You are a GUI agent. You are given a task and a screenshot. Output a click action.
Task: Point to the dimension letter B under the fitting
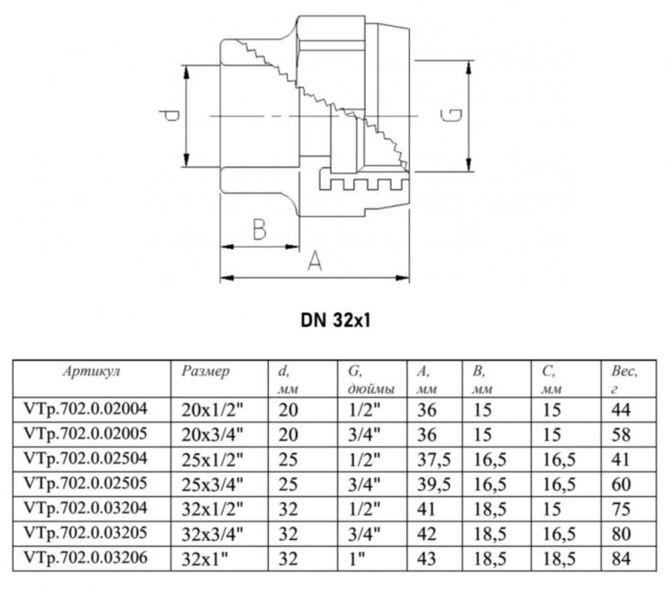258,229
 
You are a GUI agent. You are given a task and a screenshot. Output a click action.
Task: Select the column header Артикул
89,368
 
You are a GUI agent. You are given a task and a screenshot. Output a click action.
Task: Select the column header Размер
205,368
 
